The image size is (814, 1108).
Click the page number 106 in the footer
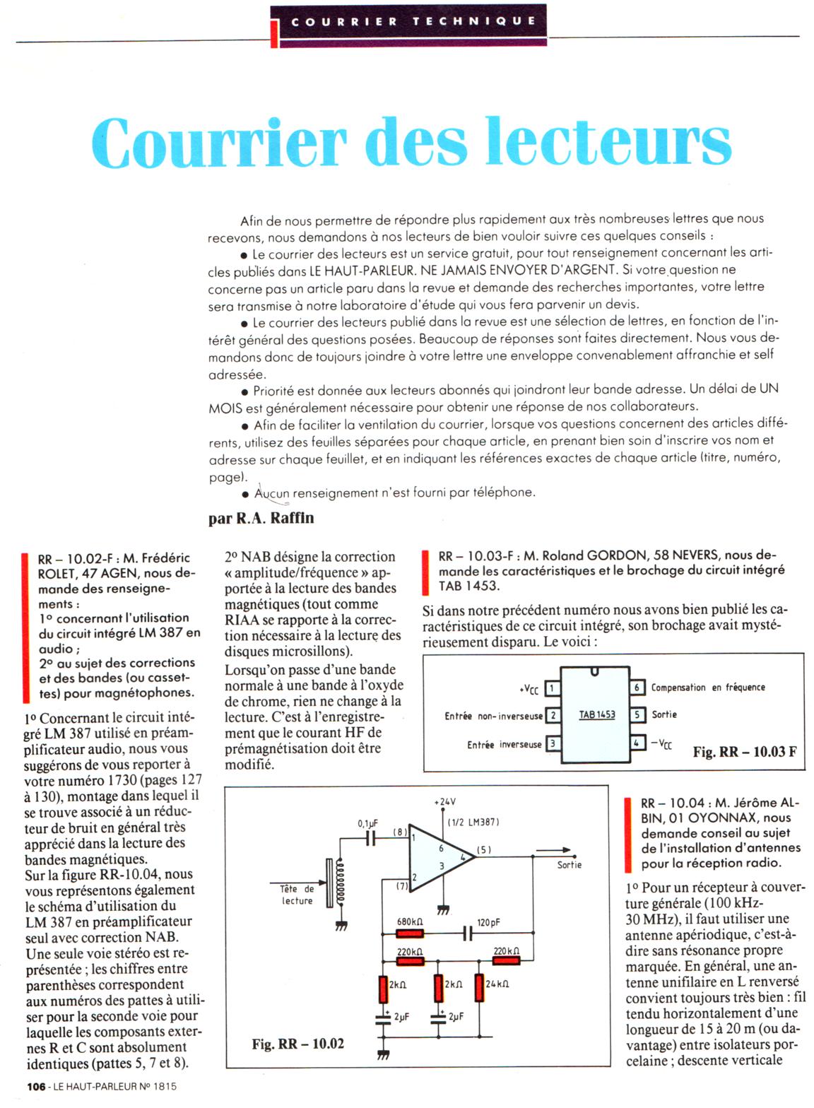(x=36, y=1086)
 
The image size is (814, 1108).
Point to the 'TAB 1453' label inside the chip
(x=597, y=714)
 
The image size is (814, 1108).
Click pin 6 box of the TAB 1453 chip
(x=637, y=687)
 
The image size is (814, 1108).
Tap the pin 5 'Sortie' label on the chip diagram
(x=664, y=714)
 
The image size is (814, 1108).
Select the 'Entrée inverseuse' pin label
(x=504, y=745)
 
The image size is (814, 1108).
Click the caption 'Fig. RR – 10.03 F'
(x=745, y=752)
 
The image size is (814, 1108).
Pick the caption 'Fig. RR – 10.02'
(x=297, y=1044)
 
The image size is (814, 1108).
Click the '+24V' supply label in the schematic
(x=444, y=802)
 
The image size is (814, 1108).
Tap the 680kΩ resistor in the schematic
(x=410, y=934)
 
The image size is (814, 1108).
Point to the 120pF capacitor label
(x=488, y=922)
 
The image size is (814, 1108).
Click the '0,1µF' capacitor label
(x=367, y=823)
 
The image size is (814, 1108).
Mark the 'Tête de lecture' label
(x=297, y=895)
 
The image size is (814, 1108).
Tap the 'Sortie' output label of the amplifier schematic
(x=569, y=865)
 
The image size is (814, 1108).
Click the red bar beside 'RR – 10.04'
(x=628, y=835)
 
